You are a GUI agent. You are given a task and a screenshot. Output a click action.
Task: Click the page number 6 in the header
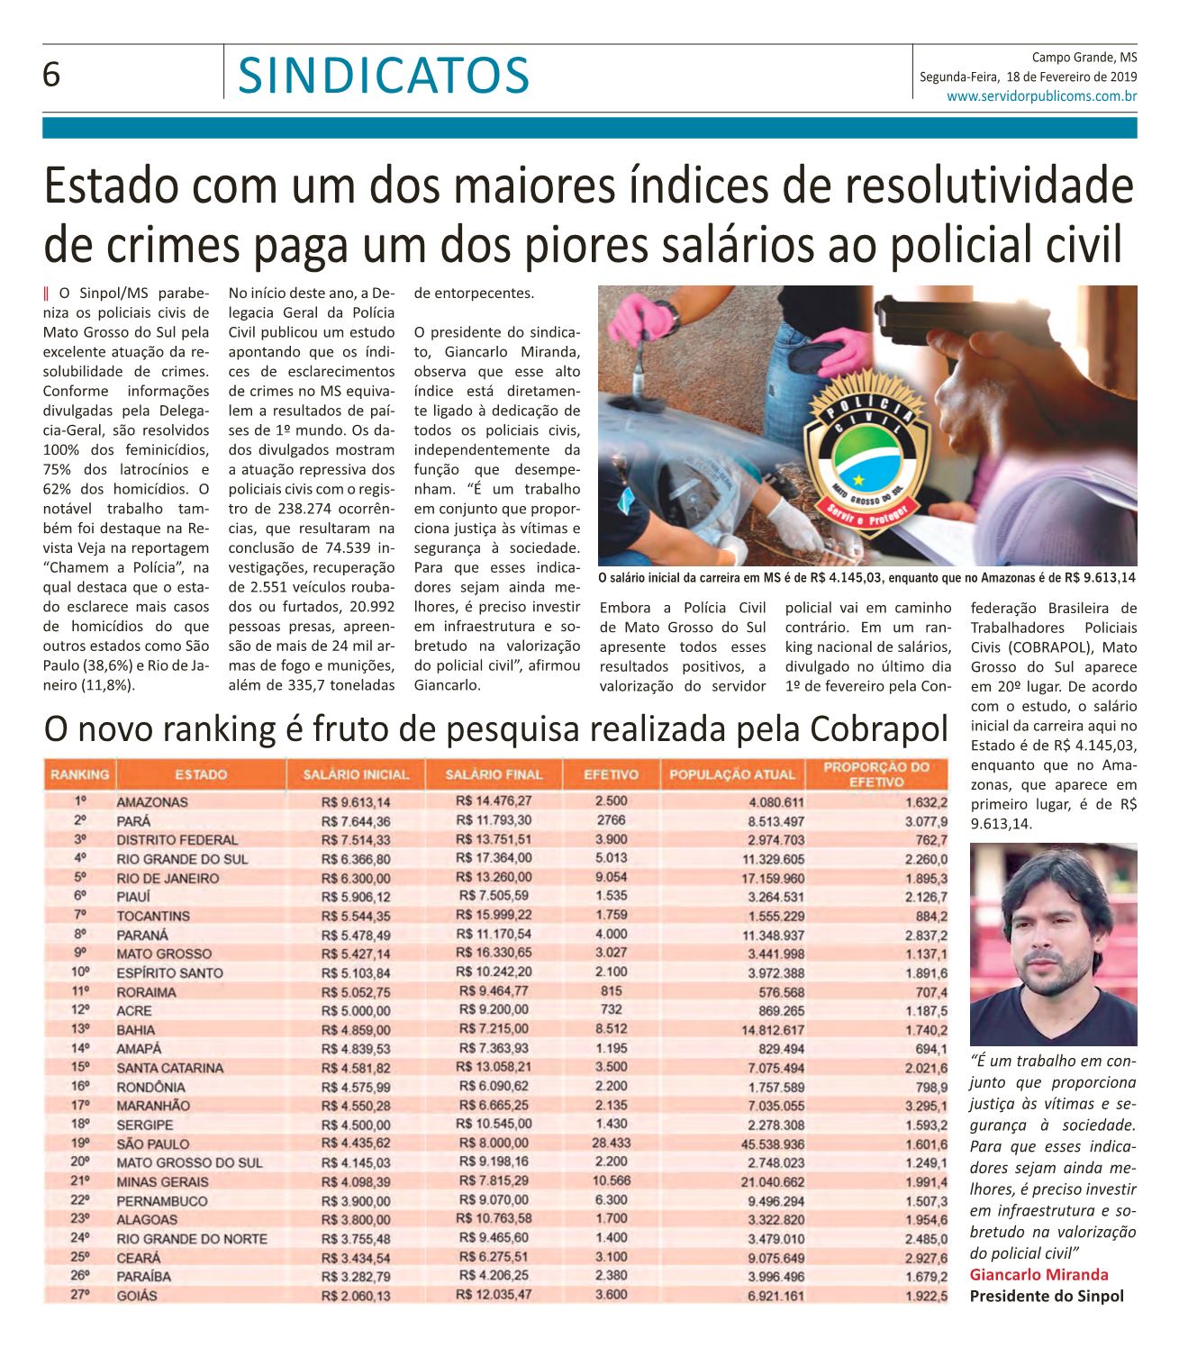(x=51, y=76)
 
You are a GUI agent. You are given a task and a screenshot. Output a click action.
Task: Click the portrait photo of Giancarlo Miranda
(x=1053, y=944)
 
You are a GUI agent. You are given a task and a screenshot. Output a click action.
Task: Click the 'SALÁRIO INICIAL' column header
(x=356, y=774)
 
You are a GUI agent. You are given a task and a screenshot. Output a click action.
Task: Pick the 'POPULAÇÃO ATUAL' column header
(x=731, y=774)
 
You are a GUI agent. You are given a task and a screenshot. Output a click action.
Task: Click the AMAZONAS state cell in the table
(x=152, y=801)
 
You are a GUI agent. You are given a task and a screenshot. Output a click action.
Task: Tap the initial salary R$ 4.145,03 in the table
(x=355, y=1162)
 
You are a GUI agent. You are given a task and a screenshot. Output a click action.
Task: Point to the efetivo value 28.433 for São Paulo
(x=612, y=1143)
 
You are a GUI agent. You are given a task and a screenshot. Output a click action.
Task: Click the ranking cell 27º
(x=79, y=1295)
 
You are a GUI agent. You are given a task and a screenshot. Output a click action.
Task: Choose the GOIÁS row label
(x=137, y=1295)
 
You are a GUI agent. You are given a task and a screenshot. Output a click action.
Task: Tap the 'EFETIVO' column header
(x=612, y=774)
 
